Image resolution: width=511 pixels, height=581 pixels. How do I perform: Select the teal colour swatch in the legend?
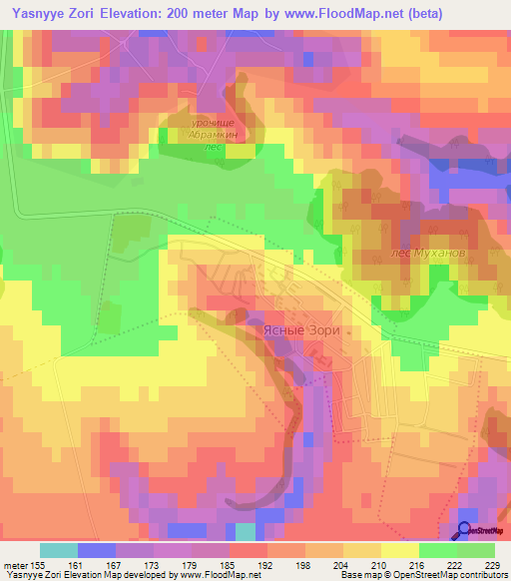pos(59,550)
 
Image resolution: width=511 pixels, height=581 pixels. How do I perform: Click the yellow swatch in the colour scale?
pos(399,550)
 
